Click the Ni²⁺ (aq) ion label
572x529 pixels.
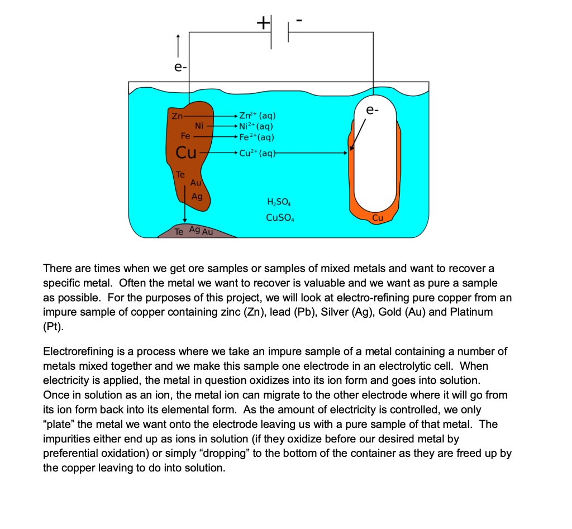pyautogui.click(x=255, y=127)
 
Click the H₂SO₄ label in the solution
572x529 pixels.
pyautogui.click(x=279, y=202)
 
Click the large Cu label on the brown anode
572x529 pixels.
pyautogui.click(x=186, y=152)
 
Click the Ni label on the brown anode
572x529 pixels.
pyautogui.click(x=199, y=125)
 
